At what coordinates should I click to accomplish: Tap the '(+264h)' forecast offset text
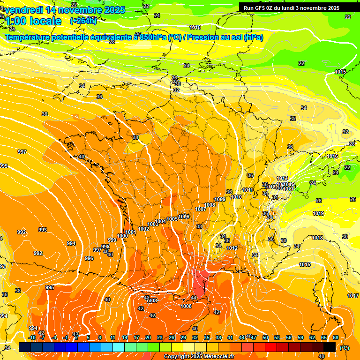83,21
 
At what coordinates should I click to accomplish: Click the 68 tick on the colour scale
336,337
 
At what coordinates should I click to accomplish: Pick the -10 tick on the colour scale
32,337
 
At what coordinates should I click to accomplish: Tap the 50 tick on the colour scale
265,337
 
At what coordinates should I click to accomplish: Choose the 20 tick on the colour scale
148,337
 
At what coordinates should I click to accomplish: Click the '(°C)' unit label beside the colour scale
344,348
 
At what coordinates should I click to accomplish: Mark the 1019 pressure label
318,213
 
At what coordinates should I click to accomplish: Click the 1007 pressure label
200,209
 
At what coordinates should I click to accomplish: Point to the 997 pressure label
22,152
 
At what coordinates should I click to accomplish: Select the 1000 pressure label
122,236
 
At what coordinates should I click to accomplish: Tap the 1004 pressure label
160,221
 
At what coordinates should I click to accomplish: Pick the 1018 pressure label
317,238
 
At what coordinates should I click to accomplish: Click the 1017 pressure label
353,296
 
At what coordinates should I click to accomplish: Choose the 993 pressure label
43,230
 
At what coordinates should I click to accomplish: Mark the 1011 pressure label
248,190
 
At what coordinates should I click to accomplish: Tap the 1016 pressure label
332,156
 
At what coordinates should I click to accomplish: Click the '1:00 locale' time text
33,21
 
